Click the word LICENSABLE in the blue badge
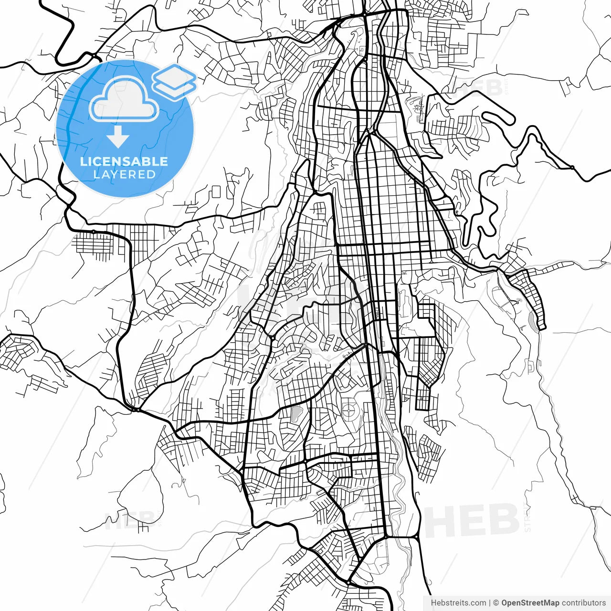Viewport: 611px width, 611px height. click(x=124, y=161)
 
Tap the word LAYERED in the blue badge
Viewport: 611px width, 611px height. click(x=124, y=175)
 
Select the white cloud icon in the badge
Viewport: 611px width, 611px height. click(x=124, y=100)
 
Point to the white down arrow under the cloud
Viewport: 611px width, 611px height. click(x=118, y=137)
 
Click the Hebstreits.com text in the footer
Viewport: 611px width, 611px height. click(x=458, y=603)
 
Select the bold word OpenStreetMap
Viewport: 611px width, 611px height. click(x=530, y=603)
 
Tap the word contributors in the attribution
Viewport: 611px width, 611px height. click(x=583, y=603)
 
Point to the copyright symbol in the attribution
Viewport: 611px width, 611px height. click(x=496, y=603)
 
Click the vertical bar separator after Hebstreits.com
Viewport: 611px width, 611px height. click(x=490, y=603)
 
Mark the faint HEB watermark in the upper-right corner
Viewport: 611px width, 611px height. click(x=480, y=88)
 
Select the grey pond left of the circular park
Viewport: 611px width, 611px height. click(x=296, y=413)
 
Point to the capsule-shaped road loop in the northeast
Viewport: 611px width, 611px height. click(x=498, y=118)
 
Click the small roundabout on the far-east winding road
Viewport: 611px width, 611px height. click(x=571, y=168)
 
